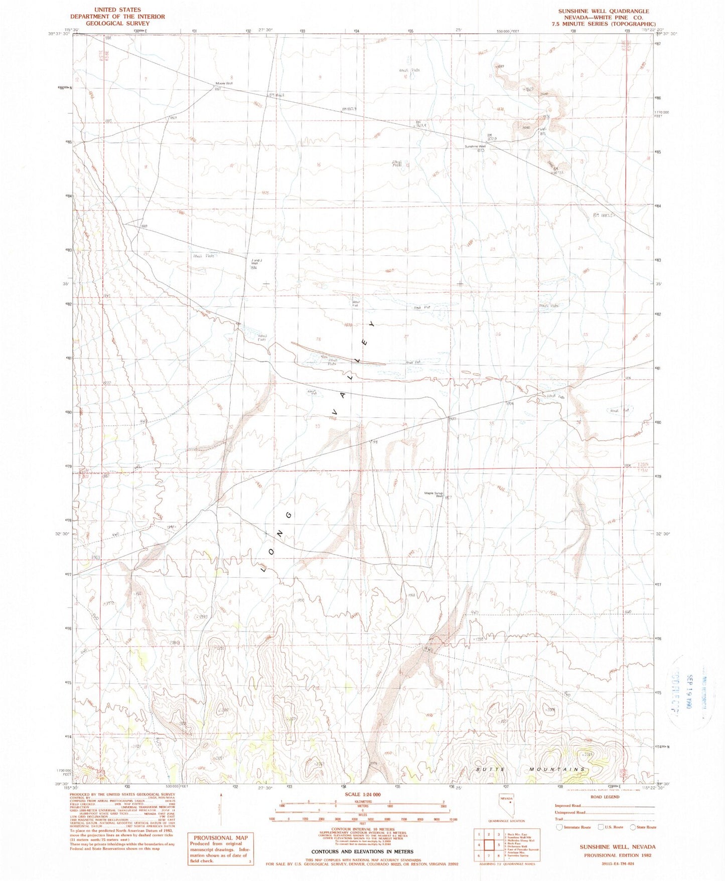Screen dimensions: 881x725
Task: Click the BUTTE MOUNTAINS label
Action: click(x=530, y=769)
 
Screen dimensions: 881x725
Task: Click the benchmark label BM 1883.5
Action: click(x=604, y=215)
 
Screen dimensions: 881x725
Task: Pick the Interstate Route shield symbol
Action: click(x=559, y=828)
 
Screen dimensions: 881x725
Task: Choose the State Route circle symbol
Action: click(x=633, y=828)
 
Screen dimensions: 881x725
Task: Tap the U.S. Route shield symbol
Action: click(x=601, y=828)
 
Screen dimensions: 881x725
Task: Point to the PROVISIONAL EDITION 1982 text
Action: click(x=618, y=855)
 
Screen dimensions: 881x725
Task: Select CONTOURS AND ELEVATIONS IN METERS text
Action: click(x=362, y=851)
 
